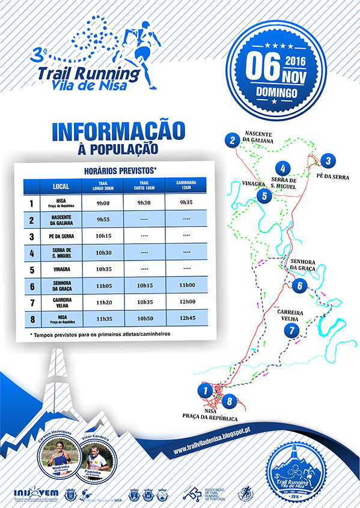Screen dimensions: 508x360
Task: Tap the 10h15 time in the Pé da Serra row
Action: (100, 237)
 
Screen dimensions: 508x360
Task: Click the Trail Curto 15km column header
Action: (143, 186)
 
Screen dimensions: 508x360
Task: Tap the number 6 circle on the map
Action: (299, 286)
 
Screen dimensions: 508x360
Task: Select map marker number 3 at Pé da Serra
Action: (327, 160)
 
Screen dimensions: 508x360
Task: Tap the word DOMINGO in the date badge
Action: (276, 93)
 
